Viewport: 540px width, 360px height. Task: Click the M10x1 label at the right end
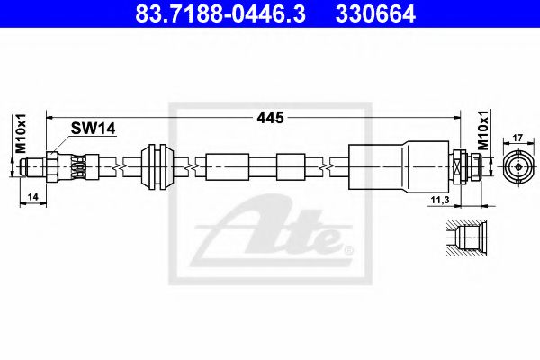click(x=482, y=131)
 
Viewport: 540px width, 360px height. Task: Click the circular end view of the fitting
click(x=517, y=166)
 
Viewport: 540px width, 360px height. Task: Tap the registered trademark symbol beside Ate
click(x=348, y=245)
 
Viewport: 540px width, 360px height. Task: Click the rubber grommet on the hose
click(x=157, y=167)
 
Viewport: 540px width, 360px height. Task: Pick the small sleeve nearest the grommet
click(x=226, y=167)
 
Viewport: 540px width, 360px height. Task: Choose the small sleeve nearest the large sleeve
click(x=292, y=167)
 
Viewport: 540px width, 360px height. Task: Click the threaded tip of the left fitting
click(x=33, y=166)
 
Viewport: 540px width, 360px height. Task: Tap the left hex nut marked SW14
click(x=55, y=166)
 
